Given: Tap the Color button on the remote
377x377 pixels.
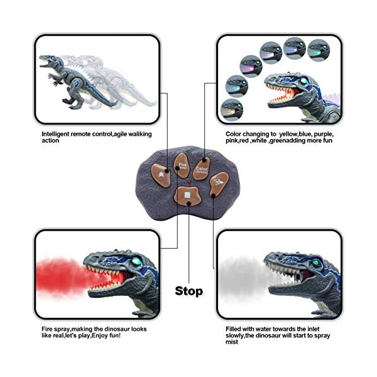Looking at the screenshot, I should point(202,170).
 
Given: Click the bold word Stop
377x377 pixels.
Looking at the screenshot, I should point(188,291).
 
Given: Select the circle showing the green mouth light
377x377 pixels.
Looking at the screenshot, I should point(231,107).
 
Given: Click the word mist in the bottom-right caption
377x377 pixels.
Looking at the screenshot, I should point(232,342).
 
